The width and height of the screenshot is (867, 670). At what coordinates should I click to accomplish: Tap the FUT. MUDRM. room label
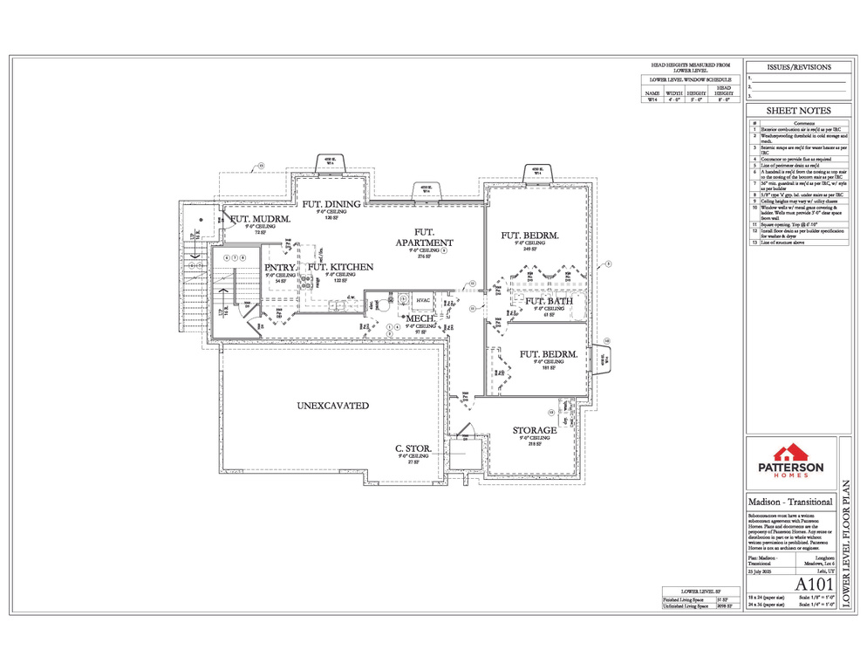coord(258,218)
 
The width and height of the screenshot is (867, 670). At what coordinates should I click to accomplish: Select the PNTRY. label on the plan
coord(280,268)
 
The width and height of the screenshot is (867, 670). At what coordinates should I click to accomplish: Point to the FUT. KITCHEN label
coord(340,268)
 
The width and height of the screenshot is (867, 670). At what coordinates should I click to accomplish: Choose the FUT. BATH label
coord(550,302)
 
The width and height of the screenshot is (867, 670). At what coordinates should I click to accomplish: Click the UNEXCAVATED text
coord(332,406)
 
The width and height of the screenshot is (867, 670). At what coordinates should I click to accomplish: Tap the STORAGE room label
coord(535,431)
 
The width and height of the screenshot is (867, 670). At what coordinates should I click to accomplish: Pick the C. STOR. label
coord(414,449)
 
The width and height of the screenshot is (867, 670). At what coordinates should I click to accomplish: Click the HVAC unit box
coord(423,300)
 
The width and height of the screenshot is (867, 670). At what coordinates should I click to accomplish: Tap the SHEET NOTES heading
coord(798,111)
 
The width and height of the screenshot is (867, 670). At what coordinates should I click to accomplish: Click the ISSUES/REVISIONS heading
coord(798,67)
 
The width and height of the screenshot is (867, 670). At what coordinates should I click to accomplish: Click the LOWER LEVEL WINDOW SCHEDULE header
coord(690,79)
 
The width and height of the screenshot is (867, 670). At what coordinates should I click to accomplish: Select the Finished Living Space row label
coord(680,600)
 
